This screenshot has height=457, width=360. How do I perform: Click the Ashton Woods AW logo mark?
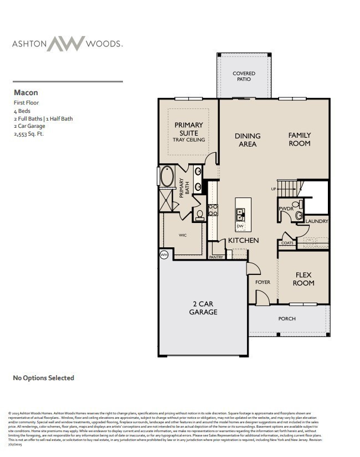point(65,44)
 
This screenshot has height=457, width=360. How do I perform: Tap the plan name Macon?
point(25,93)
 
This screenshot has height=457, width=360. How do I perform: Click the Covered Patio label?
point(244,76)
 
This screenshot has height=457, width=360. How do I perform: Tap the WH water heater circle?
point(164,255)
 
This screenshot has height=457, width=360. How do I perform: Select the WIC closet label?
point(182,235)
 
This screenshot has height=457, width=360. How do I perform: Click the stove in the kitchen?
point(213,210)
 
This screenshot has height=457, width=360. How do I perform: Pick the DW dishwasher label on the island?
point(240,226)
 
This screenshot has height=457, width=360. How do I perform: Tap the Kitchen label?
point(244,241)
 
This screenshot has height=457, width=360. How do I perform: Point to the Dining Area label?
point(248,140)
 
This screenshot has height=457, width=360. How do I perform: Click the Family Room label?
point(299,139)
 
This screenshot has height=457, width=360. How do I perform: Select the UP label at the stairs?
point(273,189)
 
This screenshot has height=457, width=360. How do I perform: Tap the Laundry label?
point(317,221)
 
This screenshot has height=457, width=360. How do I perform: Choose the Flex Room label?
point(304,279)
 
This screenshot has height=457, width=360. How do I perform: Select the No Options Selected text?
point(43,378)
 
